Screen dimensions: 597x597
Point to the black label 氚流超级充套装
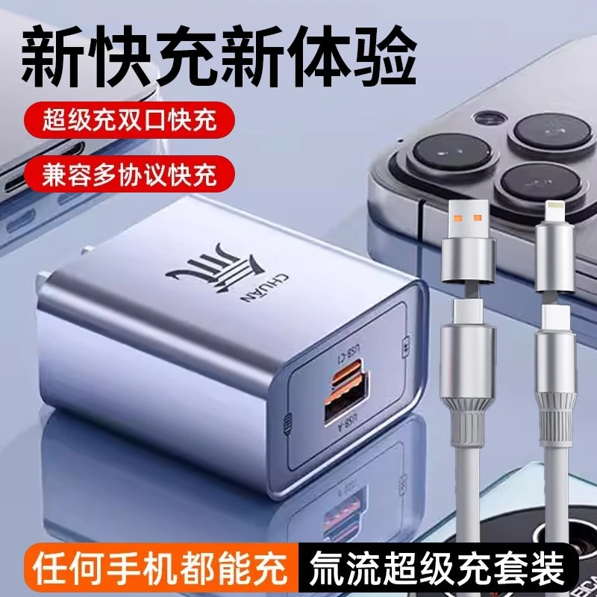(x=440, y=569)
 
